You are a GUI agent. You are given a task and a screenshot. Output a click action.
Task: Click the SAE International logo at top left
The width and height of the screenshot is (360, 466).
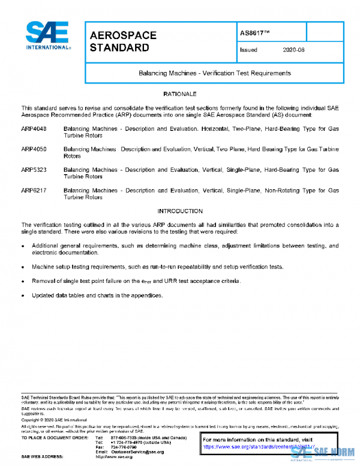[47, 35]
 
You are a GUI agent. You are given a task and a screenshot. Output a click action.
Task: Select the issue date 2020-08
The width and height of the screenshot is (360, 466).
[293, 50]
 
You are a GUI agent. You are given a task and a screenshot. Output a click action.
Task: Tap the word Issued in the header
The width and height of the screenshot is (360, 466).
[248, 50]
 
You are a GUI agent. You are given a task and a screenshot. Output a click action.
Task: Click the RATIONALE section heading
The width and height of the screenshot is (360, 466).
[180, 94]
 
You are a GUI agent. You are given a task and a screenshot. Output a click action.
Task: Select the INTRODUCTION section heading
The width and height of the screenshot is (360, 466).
[180, 211]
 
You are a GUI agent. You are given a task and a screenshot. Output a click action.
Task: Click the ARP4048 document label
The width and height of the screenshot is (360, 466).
[34, 130]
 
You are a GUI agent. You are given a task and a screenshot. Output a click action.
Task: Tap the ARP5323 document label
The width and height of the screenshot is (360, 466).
[34, 170]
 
